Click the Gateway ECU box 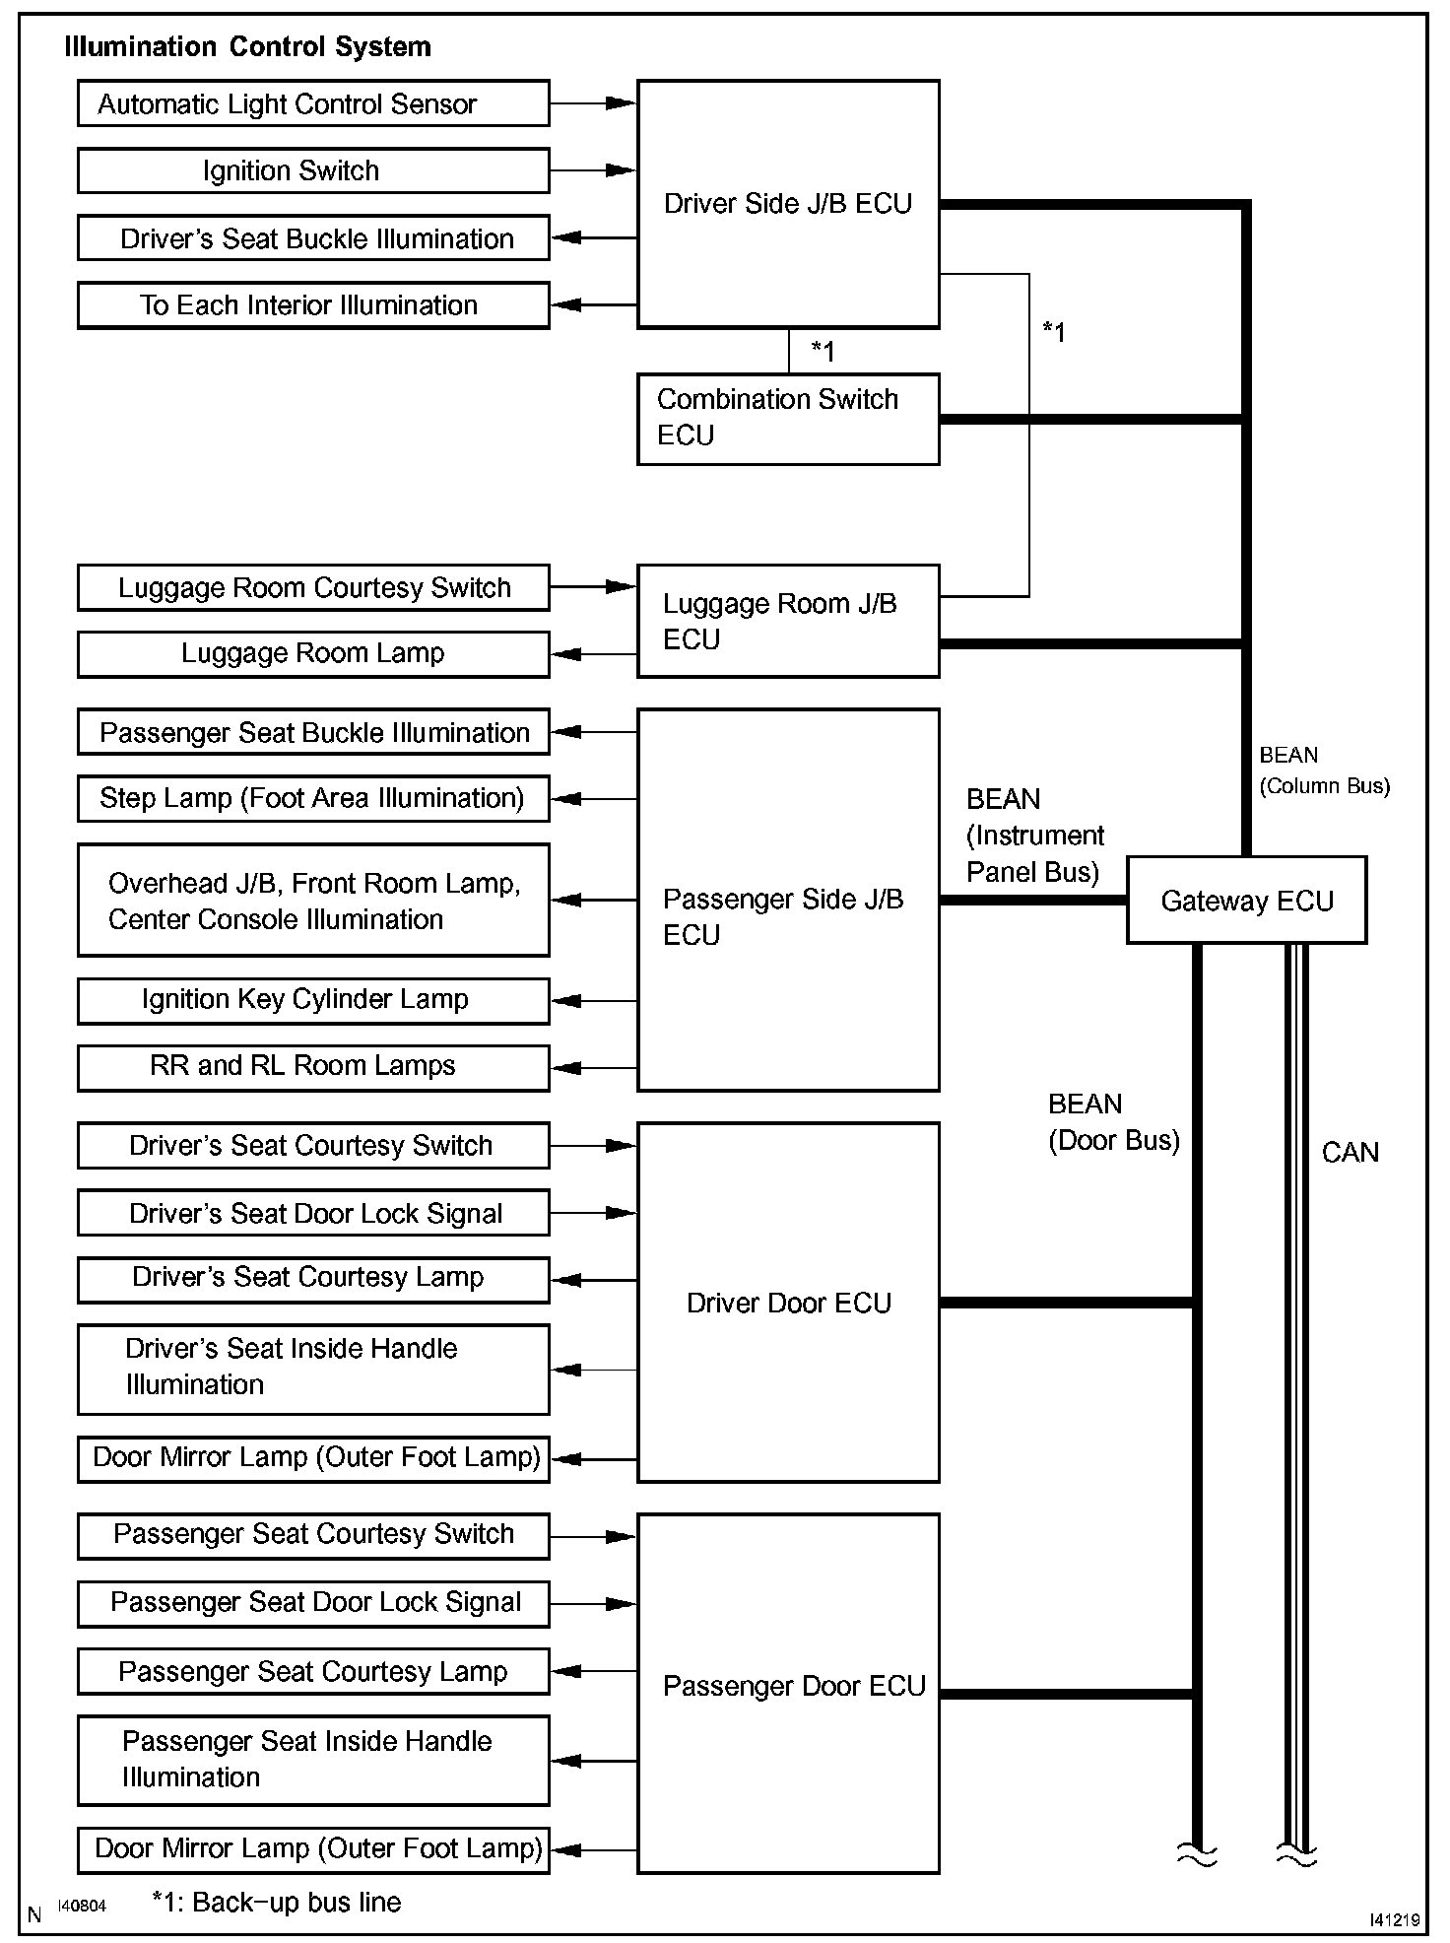pyautogui.click(x=1246, y=900)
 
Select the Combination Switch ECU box pyautogui.click(x=788, y=419)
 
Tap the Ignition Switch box pyautogui.click(x=313, y=170)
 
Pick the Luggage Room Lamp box pyautogui.click(x=313, y=654)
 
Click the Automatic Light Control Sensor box pyautogui.click(x=313, y=103)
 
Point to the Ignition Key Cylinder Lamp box pyautogui.click(x=313, y=1000)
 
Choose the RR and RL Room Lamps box pyautogui.click(x=313, y=1067)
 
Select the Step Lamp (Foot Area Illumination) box pyautogui.click(x=313, y=798)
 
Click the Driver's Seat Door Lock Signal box pyautogui.click(x=313, y=1213)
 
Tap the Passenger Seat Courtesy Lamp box pyautogui.click(x=313, y=1672)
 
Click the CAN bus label pyautogui.click(x=1350, y=1152)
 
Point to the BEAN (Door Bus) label pyautogui.click(x=1113, y=1122)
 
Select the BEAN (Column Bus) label pyautogui.click(x=1324, y=770)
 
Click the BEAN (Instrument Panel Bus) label pyautogui.click(x=1034, y=836)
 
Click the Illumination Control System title pyautogui.click(x=247, y=47)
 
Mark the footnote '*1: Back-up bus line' pyautogui.click(x=277, y=1902)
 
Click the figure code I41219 pyautogui.click(x=1394, y=1919)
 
